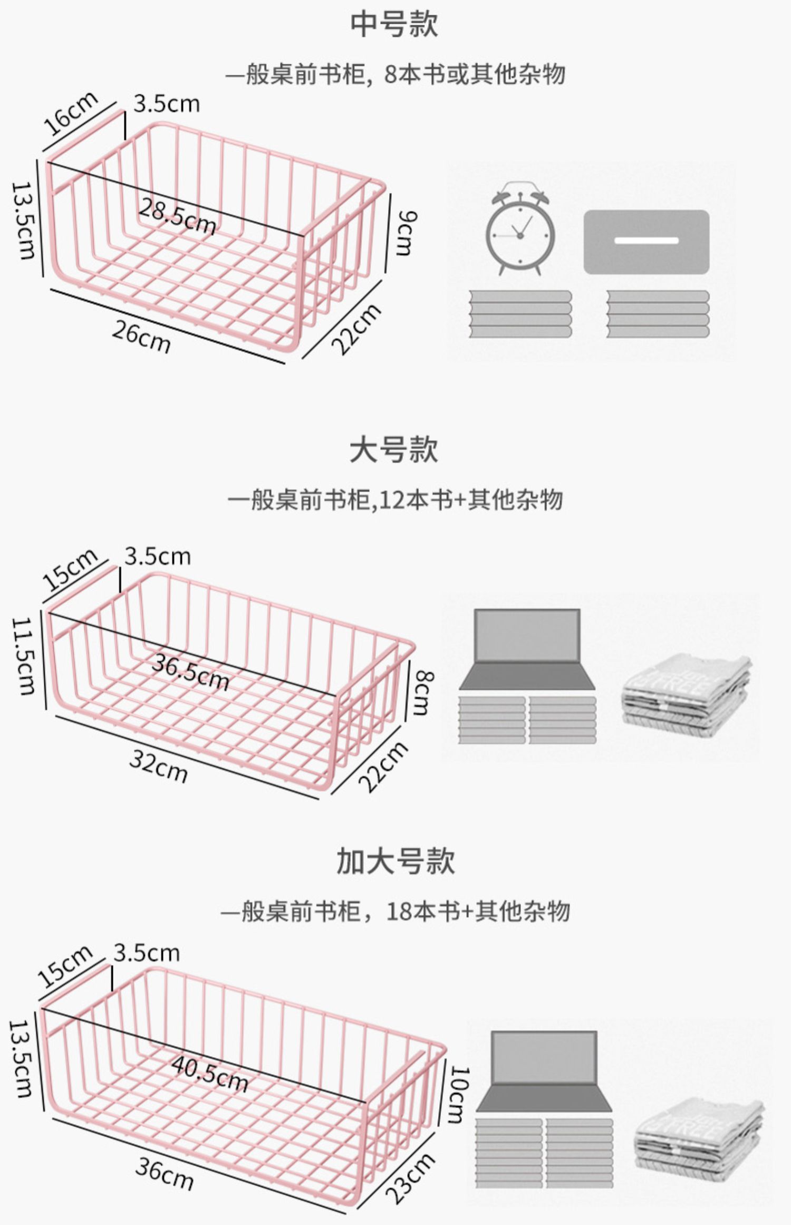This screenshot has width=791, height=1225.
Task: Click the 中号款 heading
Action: click(x=394, y=25)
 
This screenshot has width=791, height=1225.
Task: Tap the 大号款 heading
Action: click(x=394, y=450)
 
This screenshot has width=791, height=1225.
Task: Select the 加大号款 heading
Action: click(x=395, y=861)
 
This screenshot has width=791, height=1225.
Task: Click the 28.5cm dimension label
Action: click(x=177, y=217)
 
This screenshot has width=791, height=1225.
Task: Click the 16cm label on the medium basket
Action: click(x=70, y=113)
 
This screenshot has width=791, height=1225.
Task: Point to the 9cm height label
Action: click(x=406, y=233)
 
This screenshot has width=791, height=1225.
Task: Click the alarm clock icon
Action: click(x=520, y=228)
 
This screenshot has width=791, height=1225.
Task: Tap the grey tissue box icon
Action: click(x=646, y=242)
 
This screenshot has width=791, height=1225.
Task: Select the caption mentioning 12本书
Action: click(x=395, y=499)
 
